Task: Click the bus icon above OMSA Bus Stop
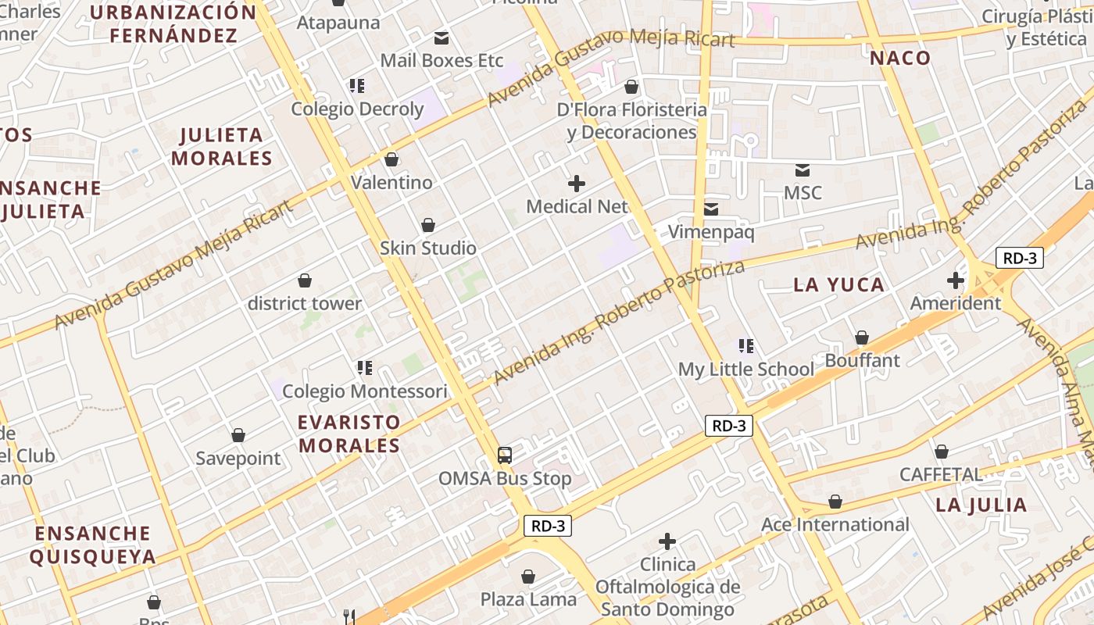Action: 505,455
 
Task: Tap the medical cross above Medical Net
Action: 577,184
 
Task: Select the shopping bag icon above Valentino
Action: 391,159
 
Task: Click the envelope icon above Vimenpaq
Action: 711,209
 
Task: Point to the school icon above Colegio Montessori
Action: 364,367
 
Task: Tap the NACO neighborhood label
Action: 900,58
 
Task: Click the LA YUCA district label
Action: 839,284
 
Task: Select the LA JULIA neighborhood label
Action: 981,505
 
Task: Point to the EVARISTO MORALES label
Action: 349,434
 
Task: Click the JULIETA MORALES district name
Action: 222,146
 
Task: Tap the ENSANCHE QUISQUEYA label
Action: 93,545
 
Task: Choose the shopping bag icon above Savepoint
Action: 238,434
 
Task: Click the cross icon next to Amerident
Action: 955,280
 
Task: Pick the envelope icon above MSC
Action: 803,170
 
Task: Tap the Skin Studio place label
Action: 428,248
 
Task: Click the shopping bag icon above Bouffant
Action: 862,337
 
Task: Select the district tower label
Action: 305,303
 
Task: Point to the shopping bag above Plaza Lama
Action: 528,577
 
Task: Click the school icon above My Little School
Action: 746,345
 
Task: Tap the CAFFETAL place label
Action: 941,474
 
